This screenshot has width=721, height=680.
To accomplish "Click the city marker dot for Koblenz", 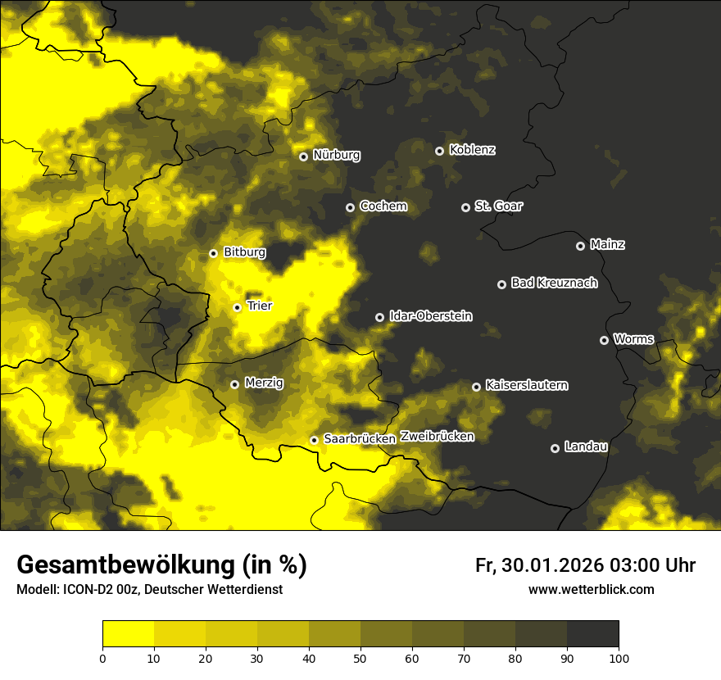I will click(x=439, y=151).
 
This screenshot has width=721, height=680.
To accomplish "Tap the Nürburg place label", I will click(x=336, y=155).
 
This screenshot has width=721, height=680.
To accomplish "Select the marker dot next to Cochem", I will click(x=350, y=207).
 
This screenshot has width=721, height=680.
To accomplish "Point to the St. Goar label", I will click(x=498, y=206).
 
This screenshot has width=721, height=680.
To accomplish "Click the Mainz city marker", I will click(x=580, y=246).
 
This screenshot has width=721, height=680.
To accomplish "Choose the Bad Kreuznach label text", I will click(x=554, y=283).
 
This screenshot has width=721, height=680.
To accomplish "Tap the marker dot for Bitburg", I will click(x=213, y=253).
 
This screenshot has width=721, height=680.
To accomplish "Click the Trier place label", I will click(x=259, y=306).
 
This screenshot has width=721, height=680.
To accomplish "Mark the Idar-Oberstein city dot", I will click(x=379, y=317).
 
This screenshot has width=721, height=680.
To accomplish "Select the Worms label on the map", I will click(x=633, y=339).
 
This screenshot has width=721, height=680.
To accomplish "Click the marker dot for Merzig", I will click(x=234, y=384).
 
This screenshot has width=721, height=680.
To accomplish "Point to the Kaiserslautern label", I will click(x=526, y=385).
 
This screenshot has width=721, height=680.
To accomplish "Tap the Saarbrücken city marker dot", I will click(x=313, y=440).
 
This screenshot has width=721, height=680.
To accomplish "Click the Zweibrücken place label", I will click(x=437, y=437).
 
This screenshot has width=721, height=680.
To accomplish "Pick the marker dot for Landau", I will click(x=555, y=448).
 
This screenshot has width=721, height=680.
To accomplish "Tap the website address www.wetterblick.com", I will click(x=591, y=590).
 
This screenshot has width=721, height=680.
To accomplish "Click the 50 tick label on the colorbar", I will click(x=360, y=658).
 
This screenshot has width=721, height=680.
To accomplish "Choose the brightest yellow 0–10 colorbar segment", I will click(x=128, y=634).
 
